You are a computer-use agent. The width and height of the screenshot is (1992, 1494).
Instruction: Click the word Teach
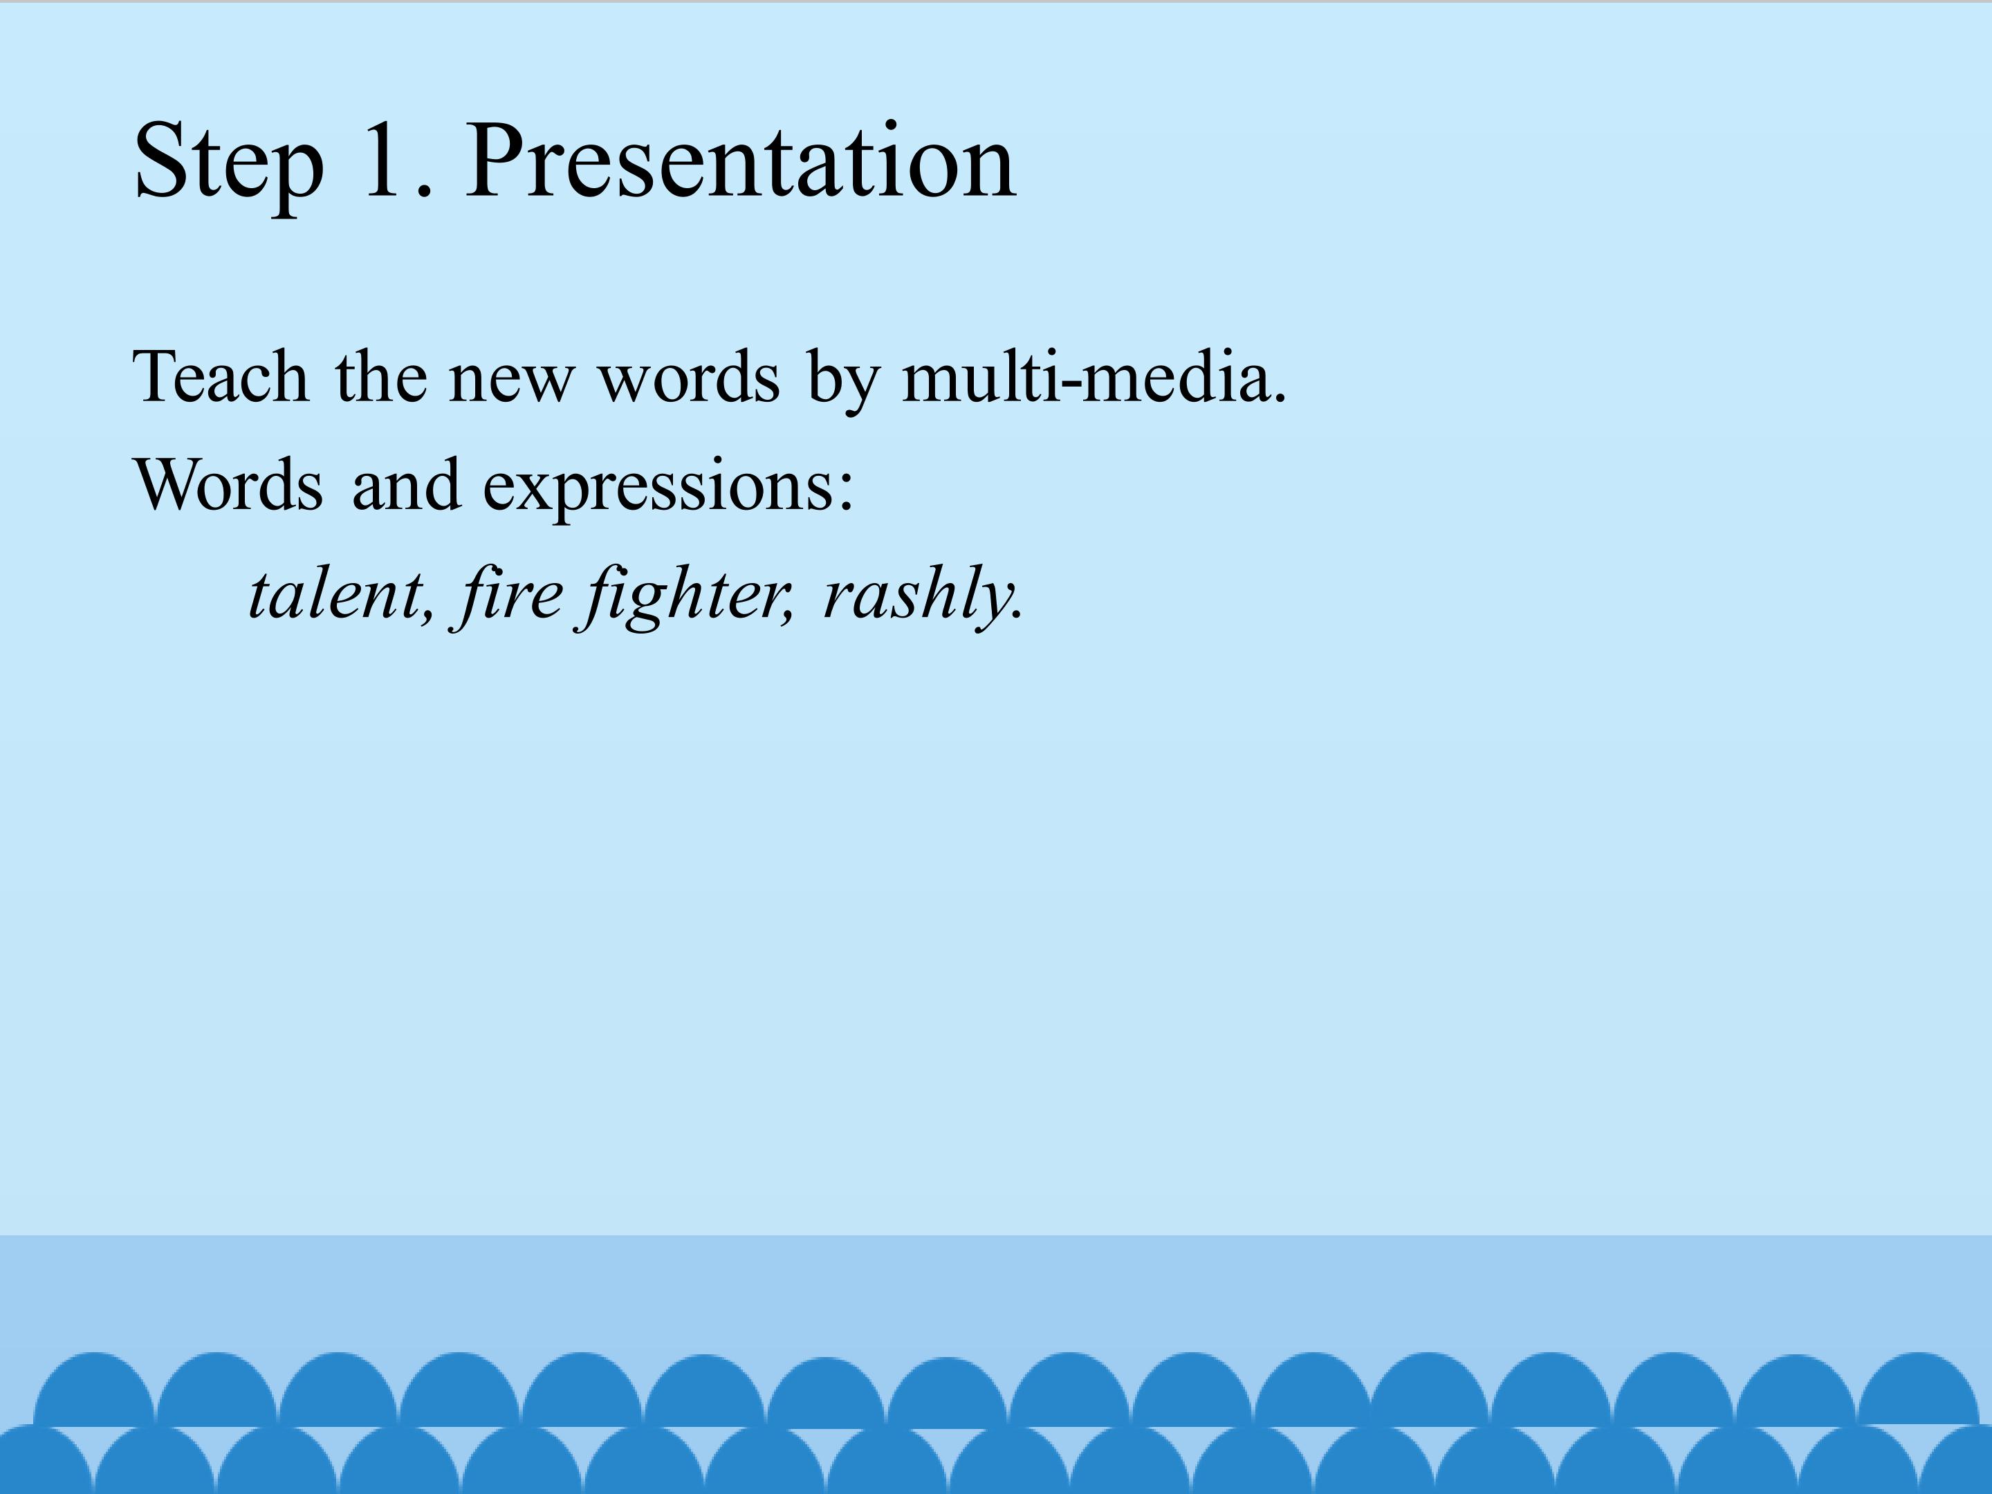(x=221, y=376)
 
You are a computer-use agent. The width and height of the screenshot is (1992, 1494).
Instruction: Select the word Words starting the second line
(x=228, y=484)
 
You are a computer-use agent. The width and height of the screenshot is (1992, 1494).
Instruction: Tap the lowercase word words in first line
(x=689, y=376)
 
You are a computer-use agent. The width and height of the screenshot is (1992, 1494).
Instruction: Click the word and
(x=406, y=484)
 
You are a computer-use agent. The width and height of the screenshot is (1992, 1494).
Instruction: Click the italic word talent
(x=334, y=594)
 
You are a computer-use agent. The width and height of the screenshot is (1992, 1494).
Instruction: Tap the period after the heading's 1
(x=426, y=189)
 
